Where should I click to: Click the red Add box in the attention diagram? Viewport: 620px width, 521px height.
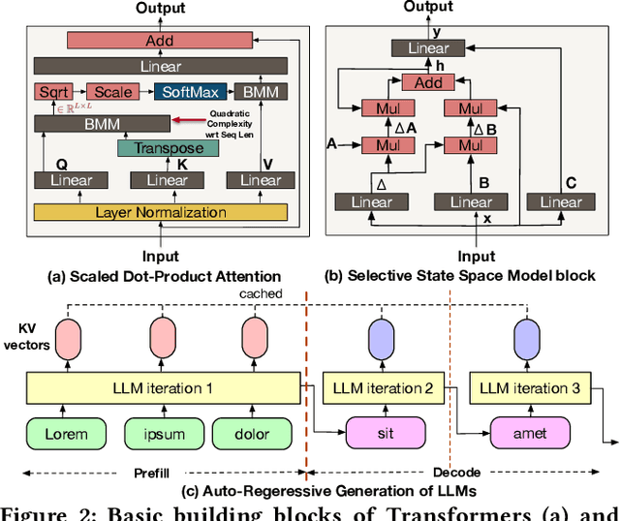click(161, 41)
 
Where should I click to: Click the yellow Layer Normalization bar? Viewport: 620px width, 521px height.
click(161, 212)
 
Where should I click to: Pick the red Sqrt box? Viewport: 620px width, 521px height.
click(50, 92)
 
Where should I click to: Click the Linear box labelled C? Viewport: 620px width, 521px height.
click(561, 201)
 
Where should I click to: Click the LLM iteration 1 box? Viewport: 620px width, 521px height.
click(162, 388)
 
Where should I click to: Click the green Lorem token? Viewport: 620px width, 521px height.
click(65, 434)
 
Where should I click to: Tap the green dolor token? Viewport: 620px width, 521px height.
click(252, 434)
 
